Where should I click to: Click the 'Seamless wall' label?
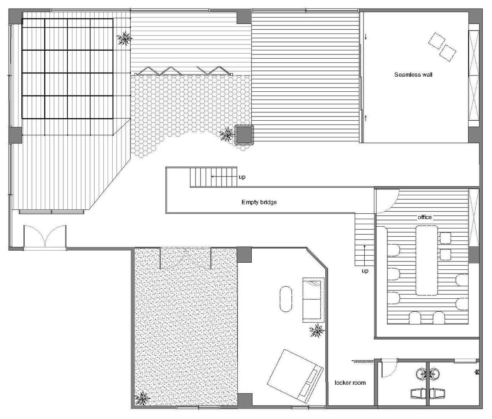(x=413, y=75)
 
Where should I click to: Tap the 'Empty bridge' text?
(x=259, y=202)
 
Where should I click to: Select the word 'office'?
(x=424, y=217)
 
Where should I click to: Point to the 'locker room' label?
(x=350, y=383)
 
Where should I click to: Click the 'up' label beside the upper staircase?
(x=242, y=177)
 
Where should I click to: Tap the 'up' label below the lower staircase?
(x=365, y=271)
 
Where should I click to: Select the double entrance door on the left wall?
(x=45, y=238)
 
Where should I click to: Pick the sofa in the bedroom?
(x=313, y=300)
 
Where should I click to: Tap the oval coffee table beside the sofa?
(x=286, y=299)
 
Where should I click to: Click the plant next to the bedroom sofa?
(x=317, y=331)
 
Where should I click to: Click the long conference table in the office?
(x=426, y=260)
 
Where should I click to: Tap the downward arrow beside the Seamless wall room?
(x=366, y=37)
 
